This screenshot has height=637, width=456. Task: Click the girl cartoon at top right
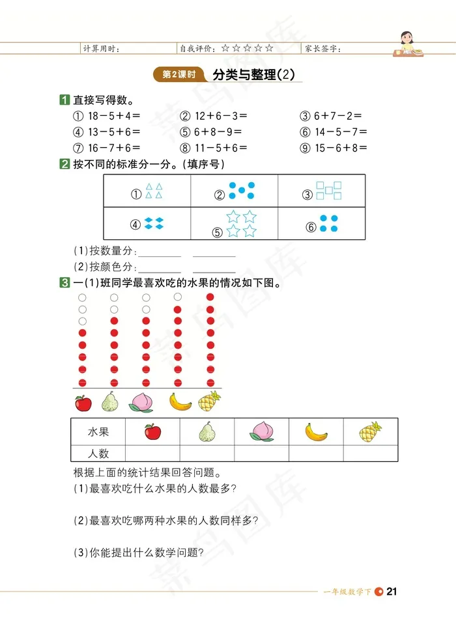click(x=408, y=44)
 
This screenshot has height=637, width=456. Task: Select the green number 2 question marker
click(x=64, y=165)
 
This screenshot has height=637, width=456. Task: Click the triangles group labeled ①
click(x=154, y=191)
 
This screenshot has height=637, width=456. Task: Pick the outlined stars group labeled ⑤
click(x=241, y=223)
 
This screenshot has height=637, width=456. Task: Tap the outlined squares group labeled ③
click(x=329, y=190)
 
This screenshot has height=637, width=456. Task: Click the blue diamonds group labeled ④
click(x=154, y=223)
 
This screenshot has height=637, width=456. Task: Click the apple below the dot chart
click(x=83, y=403)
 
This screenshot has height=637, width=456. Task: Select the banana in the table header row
click(x=317, y=431)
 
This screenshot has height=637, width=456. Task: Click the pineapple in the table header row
click(x=371, y=431)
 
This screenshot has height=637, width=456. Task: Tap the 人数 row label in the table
click(x=98, y=453)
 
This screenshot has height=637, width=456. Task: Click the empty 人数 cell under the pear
click(x=207, y=453)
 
